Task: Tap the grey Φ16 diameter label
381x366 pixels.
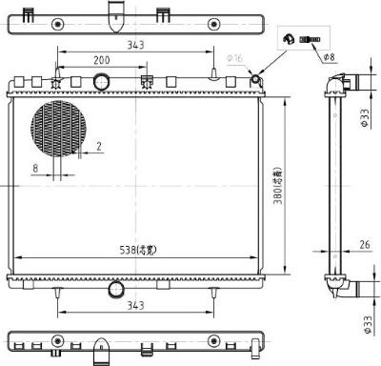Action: pos(236,59)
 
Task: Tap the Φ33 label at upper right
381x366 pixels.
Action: pos(365,116)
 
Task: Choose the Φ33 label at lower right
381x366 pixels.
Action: pos(365,325)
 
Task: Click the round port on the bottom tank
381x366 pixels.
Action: pos(116,288)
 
